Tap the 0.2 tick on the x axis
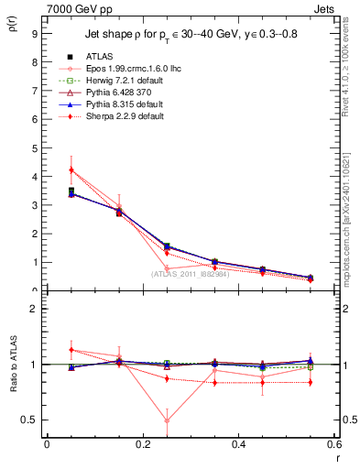[x=142, y=443]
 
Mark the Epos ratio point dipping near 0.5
[x=167, y=421]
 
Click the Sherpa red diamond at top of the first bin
[x=71, y=169]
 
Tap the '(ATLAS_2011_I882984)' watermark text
[x=190, y=273]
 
